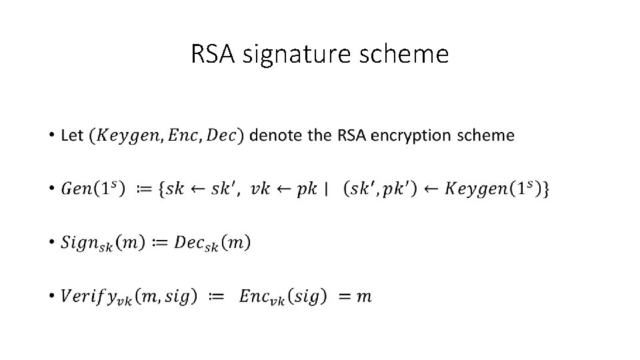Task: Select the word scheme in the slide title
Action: [406, 55]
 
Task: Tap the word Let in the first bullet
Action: [72, 136]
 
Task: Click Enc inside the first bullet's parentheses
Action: [181, 136]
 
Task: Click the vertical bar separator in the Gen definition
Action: [326, 189]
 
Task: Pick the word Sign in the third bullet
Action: [79, 243]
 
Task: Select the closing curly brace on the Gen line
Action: [546, 189]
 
